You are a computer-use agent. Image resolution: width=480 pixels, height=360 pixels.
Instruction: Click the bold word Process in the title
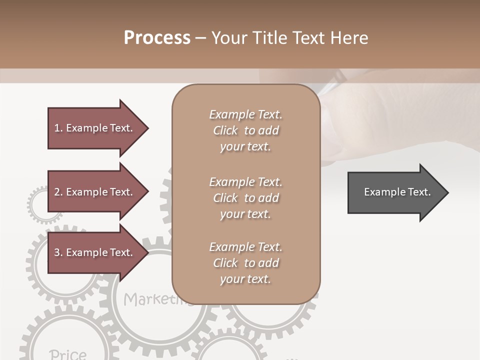point(157,38)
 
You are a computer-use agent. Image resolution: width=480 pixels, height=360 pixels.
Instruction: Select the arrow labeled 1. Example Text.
point(95,128)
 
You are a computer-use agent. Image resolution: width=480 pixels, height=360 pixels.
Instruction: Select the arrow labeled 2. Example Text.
point(95,192)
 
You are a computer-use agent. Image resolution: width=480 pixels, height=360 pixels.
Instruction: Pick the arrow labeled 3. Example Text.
point(95,252)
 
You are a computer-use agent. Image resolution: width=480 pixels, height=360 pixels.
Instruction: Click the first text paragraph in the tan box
point(245,130)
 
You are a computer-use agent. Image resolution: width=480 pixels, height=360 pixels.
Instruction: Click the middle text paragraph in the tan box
point(245,198)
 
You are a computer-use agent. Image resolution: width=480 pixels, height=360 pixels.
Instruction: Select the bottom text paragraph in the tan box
point(245,263)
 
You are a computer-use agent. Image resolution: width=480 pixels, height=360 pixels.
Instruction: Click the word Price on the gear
point(68,354)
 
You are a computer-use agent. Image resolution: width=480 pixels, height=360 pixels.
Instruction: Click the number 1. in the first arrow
point(58,128)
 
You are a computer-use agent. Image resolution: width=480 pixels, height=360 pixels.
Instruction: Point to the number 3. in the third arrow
point(58,252)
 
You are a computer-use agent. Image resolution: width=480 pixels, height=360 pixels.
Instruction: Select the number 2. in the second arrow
point(58,192)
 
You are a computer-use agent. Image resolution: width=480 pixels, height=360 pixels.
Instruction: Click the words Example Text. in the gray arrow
point(397,192)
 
